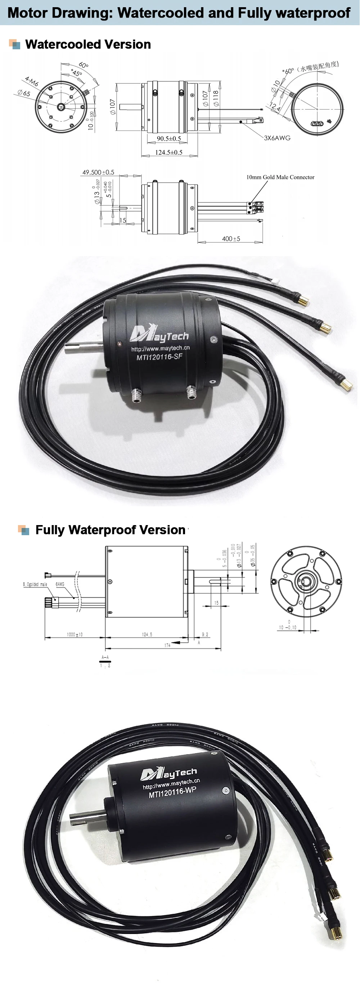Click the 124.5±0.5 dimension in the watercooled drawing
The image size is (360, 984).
pos(168,152)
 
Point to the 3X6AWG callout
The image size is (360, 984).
pos(277,138)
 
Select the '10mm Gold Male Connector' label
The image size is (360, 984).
pos(280,177)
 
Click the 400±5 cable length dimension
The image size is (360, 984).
pos(231,239)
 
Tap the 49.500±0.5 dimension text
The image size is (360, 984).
pos(98,172)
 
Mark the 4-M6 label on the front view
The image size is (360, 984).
pos(31,81)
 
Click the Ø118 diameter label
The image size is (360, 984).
pos(216,98)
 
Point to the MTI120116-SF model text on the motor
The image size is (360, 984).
pos(159,357)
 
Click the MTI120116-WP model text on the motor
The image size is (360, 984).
pos(172,793)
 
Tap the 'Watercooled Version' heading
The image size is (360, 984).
pos(88,44)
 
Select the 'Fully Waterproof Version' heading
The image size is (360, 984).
pos(110,530)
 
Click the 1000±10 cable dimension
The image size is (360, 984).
pos(75,634)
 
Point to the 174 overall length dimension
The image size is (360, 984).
pos(167,645)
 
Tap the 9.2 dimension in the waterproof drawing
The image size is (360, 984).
pos(205,634)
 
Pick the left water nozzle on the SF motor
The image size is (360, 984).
pos(136,395)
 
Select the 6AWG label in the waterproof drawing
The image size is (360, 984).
pos(60,584)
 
